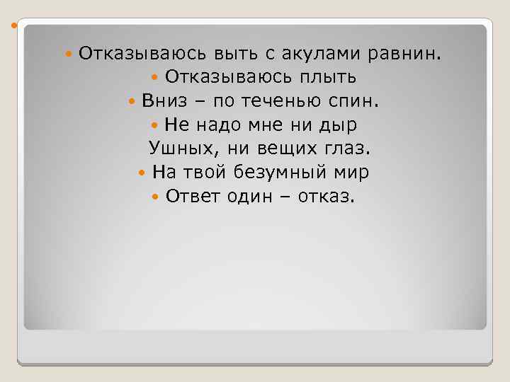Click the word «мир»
[x=351, y=173]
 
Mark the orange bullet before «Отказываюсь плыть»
[x=155, y=77]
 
